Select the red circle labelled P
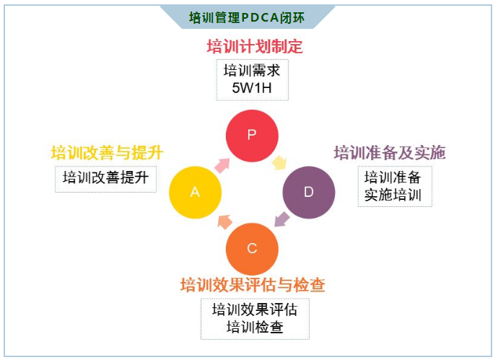[252, 135]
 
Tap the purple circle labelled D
[308, 192]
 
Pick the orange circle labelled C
[252, 248]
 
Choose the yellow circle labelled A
[195, 192]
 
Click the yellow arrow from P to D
[279, 162]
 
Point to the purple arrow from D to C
[281, 220]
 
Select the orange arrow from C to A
[224, 221]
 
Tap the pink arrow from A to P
[223, 164]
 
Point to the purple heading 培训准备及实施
[390, 153]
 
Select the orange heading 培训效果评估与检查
[253, 285]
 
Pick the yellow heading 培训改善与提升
[107, 153]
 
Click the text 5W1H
[253, 89]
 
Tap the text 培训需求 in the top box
[253, 71]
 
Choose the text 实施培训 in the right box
[393, 195]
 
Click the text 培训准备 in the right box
[393, 177]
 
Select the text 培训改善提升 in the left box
[105, 177]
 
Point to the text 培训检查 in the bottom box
[254, 327]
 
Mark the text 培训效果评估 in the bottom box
[254, 309]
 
